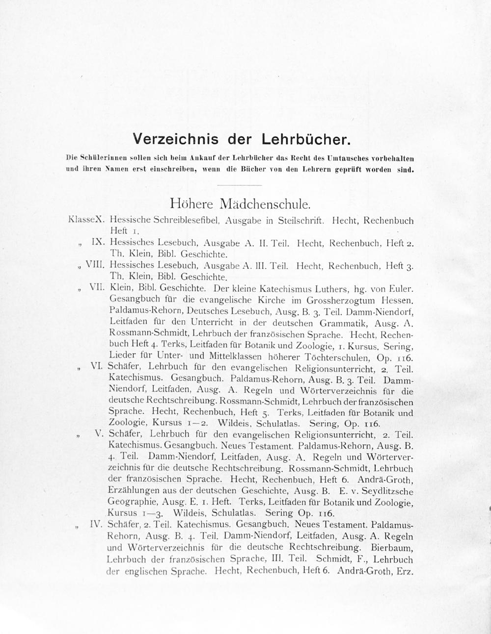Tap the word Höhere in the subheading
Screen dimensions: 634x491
[193, 203]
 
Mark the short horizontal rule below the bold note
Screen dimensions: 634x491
[239, 185]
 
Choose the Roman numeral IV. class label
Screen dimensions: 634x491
[96, 524]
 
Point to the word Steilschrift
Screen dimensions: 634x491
[300, 221]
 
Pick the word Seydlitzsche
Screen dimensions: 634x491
[385, 491]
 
